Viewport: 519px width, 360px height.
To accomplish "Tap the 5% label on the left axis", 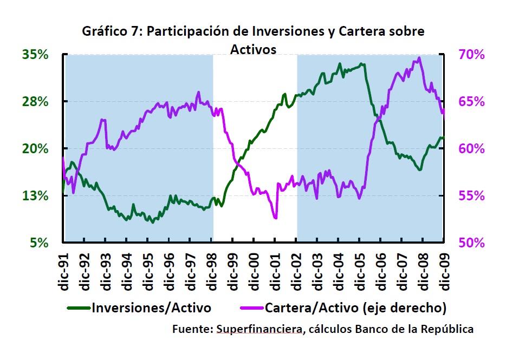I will [40, 243].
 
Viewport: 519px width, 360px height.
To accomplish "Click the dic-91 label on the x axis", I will [63, 271].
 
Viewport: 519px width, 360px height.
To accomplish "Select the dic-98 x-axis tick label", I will [212, 271].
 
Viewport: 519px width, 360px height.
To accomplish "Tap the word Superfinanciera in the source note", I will [258, 329].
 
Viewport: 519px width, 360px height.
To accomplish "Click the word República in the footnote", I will [446, 329].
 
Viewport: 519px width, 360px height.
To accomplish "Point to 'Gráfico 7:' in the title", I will [112, 31].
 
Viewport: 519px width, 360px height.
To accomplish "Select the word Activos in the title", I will [253, 49].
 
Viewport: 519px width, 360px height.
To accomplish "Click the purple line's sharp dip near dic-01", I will [275, 218].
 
